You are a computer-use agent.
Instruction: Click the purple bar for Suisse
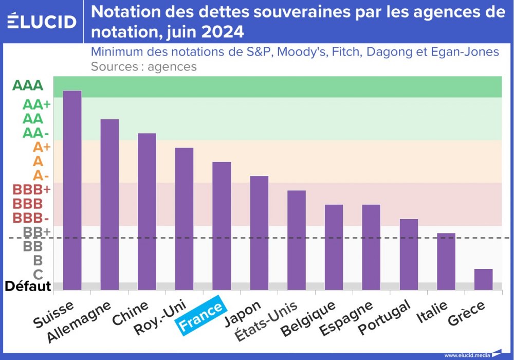[x=72, y=190]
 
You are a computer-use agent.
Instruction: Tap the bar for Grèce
[x=483, y=279]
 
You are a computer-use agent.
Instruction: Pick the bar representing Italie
[x=446, y=261]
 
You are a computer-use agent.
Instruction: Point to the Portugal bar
[x=409, y=254]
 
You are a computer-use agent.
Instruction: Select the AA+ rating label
[x=36, y=104]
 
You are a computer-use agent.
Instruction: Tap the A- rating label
[x=41, y=175]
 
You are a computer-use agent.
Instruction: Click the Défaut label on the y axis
[x=28, y=286]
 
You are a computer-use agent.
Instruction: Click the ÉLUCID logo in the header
[x=42, y=22]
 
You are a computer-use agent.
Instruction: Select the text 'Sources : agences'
[x=143, y=66]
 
